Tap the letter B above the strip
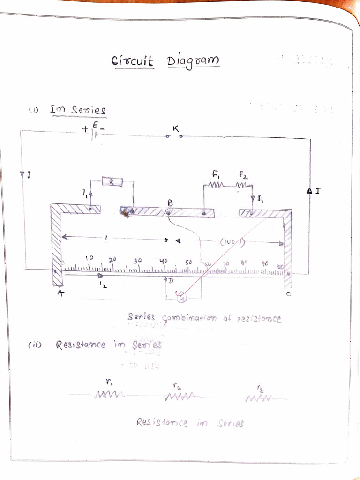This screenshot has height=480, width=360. coord(170,203)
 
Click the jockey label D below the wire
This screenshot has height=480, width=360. coord(171,281)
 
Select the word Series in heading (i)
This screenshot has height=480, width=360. coord(89,111)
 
